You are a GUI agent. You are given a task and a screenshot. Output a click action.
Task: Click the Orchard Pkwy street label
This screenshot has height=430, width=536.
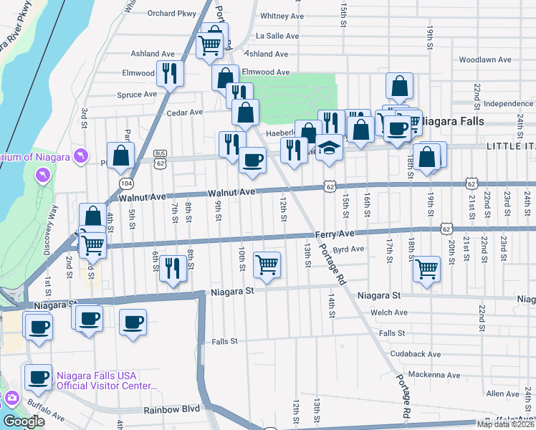(171, 13)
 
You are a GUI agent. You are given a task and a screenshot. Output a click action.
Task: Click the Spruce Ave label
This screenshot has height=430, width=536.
(136, 94)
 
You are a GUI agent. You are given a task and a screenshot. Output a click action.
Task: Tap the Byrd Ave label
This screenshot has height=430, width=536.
(349, 249)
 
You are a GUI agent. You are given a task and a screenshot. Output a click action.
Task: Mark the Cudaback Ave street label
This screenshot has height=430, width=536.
(416, 354)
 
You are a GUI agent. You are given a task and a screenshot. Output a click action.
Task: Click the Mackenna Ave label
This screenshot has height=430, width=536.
(434, 375)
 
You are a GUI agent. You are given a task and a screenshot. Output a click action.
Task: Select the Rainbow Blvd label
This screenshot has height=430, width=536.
(171, 410)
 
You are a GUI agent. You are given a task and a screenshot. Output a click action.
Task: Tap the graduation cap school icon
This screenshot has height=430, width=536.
(329, 147)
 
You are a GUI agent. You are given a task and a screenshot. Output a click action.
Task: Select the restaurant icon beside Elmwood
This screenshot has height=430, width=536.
(171, 72)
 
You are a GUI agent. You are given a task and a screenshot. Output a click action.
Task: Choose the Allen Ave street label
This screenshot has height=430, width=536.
(502, 394)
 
